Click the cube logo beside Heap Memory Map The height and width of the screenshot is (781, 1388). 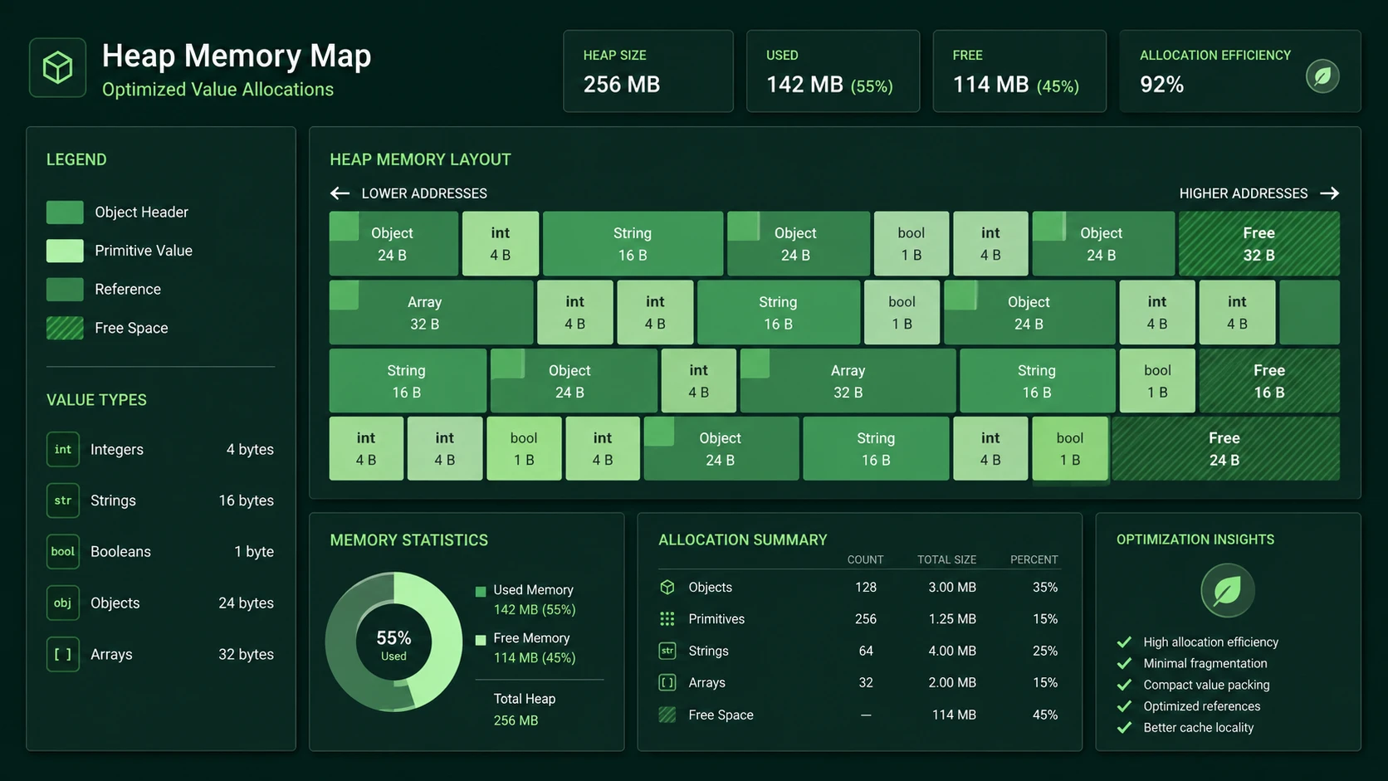[57, 67]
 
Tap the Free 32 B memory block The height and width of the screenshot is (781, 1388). [1259, 243]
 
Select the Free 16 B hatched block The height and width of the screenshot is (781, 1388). [1269, 381]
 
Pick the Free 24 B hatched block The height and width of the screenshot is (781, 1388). [1225, 448]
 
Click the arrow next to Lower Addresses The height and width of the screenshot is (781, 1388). [340, 193]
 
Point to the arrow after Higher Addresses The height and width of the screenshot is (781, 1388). [1329, 193]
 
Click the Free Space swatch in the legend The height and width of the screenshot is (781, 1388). [65, 328]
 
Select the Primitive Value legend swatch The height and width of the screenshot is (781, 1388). [65, 251]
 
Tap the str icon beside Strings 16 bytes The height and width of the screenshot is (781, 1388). [62, 500]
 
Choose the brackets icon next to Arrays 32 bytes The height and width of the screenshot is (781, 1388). [62, 654]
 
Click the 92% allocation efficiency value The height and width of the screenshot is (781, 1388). [1162, 84]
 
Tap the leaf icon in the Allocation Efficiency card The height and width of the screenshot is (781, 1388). [1322, 76]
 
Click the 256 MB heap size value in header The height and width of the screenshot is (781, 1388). [622, 84]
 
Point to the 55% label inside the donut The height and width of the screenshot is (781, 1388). [393, 638]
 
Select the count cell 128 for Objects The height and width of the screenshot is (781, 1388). [866, 587]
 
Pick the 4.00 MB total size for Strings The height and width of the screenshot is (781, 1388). [952, 651]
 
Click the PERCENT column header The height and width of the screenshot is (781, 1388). [1034, 560]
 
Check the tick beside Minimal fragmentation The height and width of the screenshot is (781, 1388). [1124, 663]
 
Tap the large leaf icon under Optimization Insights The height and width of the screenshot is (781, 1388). [1228, 590]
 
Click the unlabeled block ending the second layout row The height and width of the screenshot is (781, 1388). [1309, 312]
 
